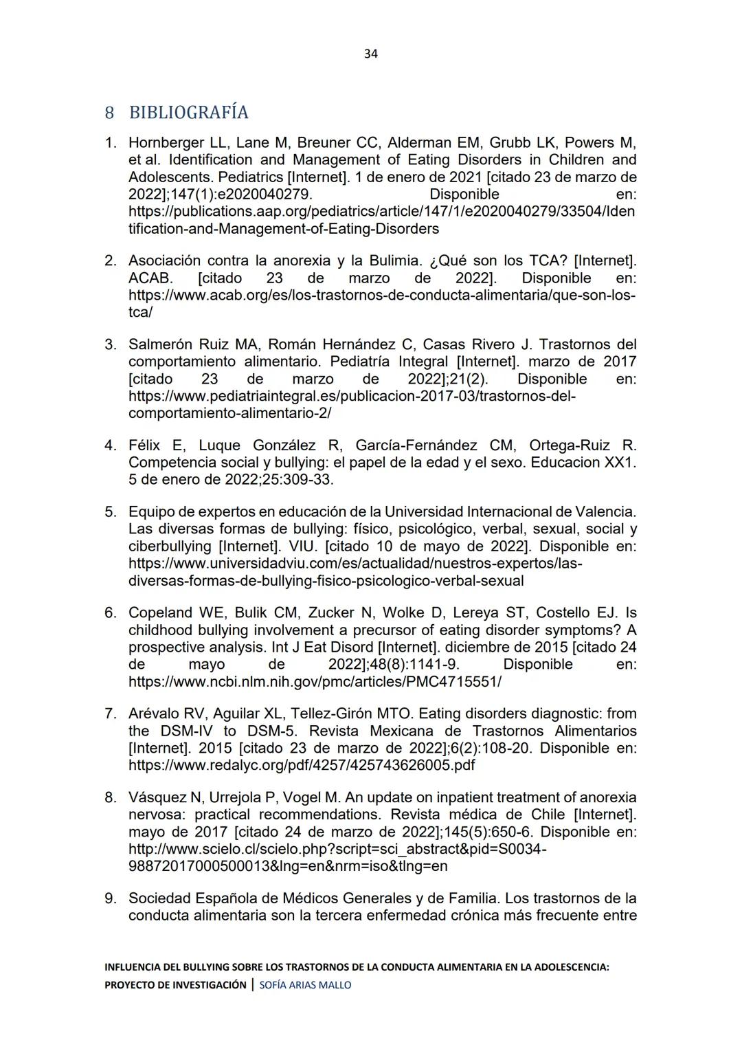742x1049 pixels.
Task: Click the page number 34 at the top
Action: [370, 54]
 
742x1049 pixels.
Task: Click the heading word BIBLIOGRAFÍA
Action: [188, 112]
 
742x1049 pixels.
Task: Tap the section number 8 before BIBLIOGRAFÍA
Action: [109, 112]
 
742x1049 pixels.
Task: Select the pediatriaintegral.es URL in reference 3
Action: [352, 397]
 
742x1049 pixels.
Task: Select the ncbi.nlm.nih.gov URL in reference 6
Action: [315, 682]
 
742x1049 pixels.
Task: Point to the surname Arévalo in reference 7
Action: [155, 714]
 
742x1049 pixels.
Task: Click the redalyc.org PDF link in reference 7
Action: [301, 765]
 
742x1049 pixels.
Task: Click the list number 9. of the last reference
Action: [111, 898]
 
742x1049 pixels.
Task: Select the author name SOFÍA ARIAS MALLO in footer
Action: [305, 985]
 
